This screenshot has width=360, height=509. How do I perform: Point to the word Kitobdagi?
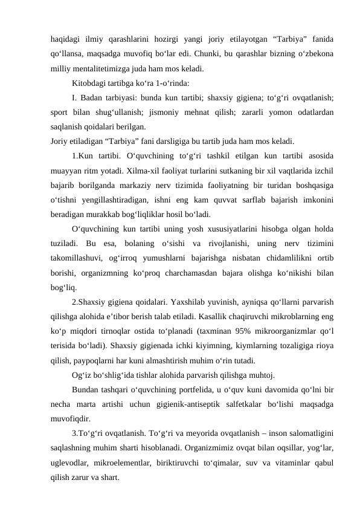pyautogui.click(x=89, y=82)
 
